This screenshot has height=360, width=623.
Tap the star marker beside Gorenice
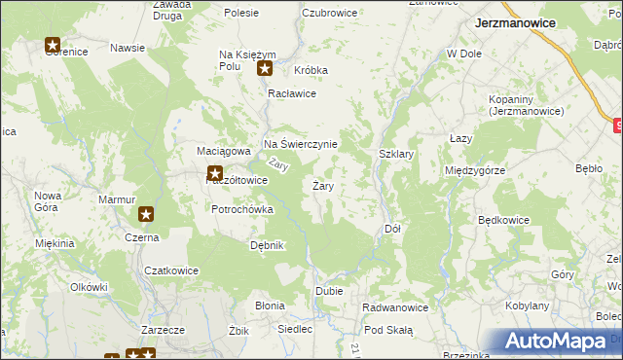coord(53,45)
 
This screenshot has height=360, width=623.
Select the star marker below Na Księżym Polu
coord(264,68)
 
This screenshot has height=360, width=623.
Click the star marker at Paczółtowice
coord(214,174)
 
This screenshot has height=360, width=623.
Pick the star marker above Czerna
coord(146,214)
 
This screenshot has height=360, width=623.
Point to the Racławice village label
coord(293,93)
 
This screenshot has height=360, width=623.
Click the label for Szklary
coord(396,154)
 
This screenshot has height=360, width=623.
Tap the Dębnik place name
coord(267,245)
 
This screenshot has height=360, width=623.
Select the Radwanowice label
coord(395,307)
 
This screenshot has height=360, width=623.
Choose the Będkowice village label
coord(503,220)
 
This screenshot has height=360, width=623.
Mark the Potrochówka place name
coord(242,209)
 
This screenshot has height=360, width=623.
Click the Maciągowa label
coord(225,151)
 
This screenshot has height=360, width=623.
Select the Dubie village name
coord(327,291)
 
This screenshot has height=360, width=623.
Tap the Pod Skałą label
coord(388,331)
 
